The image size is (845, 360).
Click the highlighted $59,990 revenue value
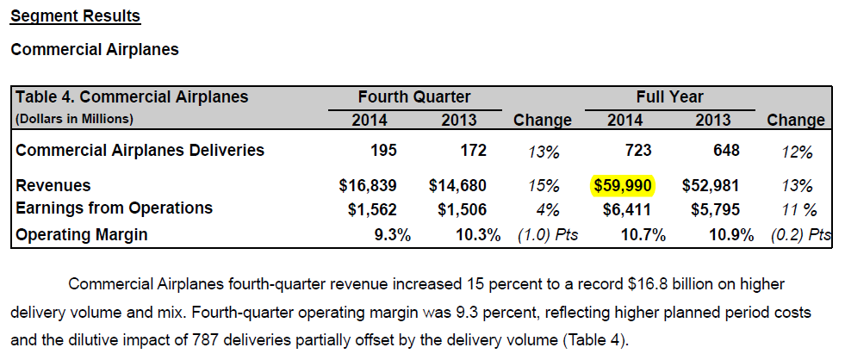[x=624, y=185]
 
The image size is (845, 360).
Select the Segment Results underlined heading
[x=75, y=16]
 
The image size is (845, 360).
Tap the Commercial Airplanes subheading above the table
[x=95, y=50]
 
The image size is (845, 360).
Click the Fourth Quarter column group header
[x=414, y=97]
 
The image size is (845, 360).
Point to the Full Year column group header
[x=669, y=97]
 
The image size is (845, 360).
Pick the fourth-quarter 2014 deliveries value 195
[x=383, y=151]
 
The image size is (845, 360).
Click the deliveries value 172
[x=473, y=151]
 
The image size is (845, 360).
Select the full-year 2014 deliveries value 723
[x=638, y=151]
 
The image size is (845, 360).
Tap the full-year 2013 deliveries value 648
[x=726, y=151]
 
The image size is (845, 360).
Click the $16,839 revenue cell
[x=369, y=185]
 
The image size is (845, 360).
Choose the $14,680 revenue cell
[x=457, y=185]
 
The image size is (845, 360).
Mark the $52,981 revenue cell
[x=711, y=185]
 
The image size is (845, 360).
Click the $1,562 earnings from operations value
[x=372, y=208]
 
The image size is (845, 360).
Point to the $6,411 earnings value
[x=628, y=208]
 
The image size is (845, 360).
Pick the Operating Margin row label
[x=82, y=234]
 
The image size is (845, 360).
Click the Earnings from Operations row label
[x=115, y=208]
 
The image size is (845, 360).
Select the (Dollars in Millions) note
[x=75, y=118]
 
